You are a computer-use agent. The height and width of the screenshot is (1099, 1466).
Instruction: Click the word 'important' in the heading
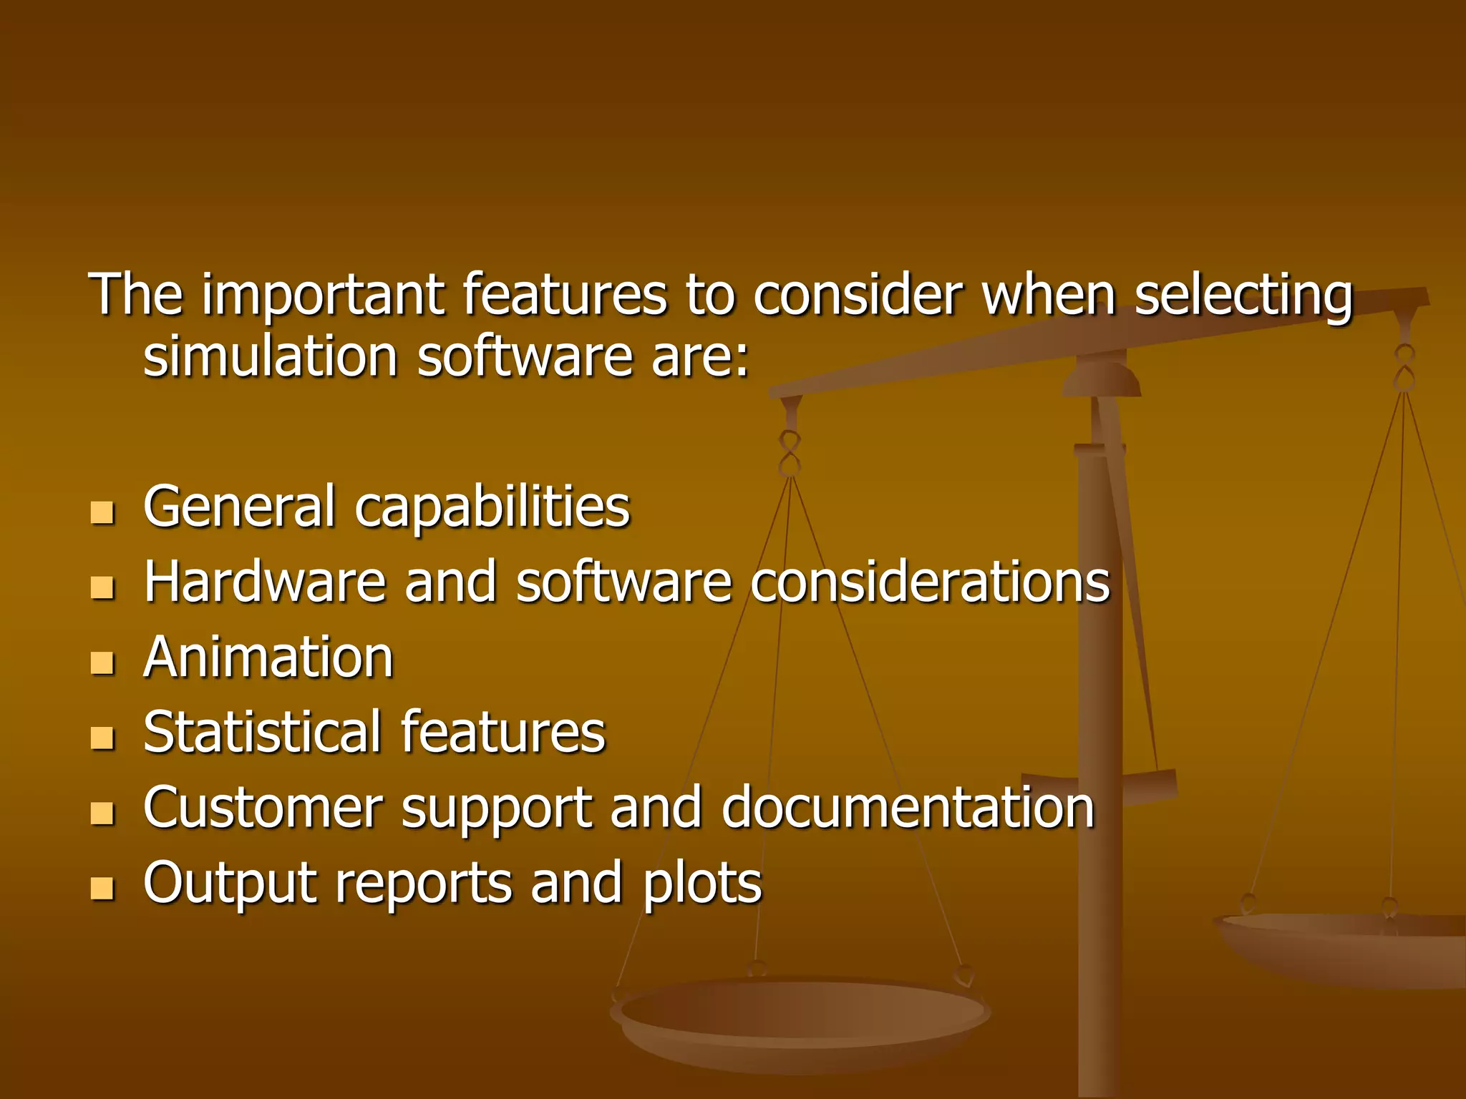[323, 295]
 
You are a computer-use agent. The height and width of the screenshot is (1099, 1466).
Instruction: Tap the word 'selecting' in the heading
[1243, 295]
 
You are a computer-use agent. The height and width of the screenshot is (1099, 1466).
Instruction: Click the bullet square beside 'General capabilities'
[103, 512]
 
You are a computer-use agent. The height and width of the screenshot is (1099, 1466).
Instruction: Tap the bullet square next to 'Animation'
[103, 663]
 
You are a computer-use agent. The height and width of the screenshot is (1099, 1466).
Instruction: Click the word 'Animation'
[268, 657]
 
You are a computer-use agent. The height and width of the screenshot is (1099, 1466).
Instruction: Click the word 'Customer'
[262, 807]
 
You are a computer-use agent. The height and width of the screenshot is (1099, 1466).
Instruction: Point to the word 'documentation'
[908, 807]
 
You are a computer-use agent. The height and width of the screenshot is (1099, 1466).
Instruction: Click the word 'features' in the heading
[565, 295]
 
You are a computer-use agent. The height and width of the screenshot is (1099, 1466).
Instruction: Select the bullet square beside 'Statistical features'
[103, 738]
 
